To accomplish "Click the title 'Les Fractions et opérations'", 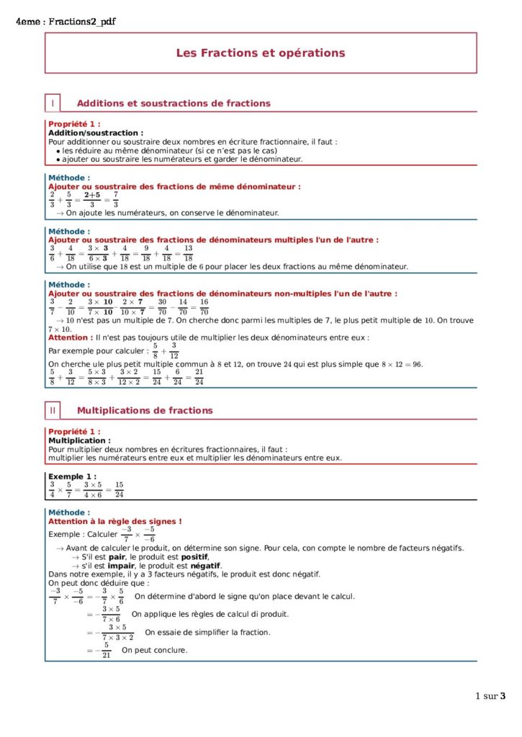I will [261, 53].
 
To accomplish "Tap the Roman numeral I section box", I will [53, 103].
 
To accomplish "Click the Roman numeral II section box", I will [53, 410].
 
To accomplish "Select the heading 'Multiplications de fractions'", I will [145, 410].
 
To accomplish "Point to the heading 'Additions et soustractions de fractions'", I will [174, 103].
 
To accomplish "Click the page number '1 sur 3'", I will [490, 696].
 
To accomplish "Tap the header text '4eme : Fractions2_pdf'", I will [66, 22].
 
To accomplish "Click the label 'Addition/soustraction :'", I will [96, 132].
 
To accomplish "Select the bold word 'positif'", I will [194, 557].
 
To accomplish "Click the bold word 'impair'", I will [101, 566].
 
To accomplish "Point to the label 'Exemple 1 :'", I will [72, 476].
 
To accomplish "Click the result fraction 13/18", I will [188, 253].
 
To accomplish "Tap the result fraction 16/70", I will [204, 307].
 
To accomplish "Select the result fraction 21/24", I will [199, 377].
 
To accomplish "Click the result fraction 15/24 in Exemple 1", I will [119, 489].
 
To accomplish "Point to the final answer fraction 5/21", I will [106, 650].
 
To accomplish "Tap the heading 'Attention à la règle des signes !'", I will [115, 521].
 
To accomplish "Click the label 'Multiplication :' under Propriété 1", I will [79, 440].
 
